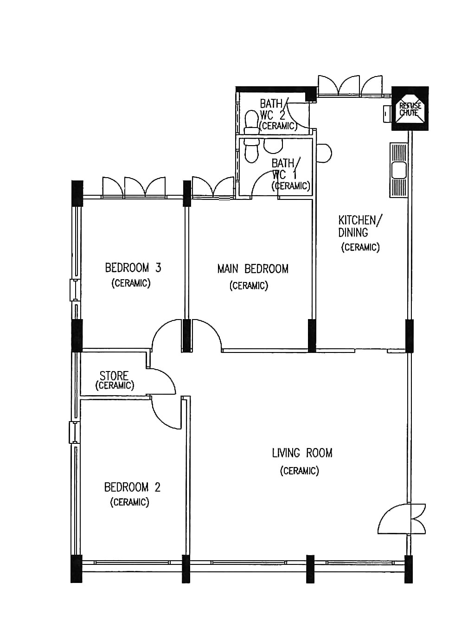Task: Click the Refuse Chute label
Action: [410, 109]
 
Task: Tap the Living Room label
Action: [302, 453]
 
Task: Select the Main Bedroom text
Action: [253, 269]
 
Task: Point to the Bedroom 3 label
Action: [133, 267]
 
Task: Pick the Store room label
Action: [114, 376]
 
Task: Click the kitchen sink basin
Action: [399, 170]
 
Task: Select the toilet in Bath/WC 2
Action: [252, 122]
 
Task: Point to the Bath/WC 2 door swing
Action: [297, 115]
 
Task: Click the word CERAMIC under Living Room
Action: [300, 471]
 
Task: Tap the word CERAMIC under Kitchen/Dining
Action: [360, 247]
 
